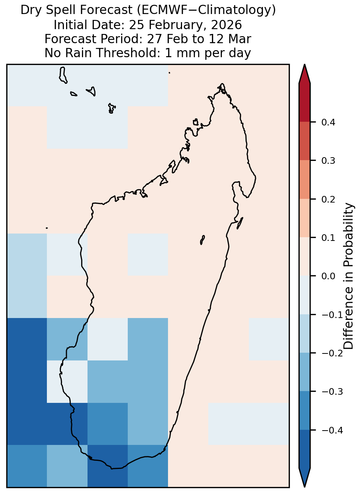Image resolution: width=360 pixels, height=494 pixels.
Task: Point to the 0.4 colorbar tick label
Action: tap(328, 122)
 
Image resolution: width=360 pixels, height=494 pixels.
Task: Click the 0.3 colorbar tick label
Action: tap(328, 161)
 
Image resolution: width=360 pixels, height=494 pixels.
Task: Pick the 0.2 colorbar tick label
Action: tap(328, 199)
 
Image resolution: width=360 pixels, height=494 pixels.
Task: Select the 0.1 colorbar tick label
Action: tap(328, 238)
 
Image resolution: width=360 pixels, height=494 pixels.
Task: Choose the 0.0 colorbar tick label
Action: tap(328, 276)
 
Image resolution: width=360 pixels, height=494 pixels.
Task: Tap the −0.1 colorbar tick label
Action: tap(332, 315)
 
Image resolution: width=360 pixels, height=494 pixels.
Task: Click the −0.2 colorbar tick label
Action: tap(332, 353)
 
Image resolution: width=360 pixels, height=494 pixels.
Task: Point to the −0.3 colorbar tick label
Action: tap(332, 392)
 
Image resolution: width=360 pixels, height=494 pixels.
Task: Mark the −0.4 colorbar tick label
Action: tap(332, 430)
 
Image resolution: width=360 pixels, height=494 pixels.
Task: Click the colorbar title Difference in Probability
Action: tap(349, 276)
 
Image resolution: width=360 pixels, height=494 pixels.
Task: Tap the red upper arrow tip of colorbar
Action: tap(305, 65)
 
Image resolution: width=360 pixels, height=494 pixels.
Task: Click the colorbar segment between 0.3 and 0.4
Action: tap(305, 141)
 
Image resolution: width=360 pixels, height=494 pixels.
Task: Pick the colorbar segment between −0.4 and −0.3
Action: tap(305, 411)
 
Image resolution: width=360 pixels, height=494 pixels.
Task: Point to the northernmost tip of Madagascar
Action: tap(222, 84)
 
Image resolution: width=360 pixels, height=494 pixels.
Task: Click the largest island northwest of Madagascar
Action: tap(63, 75)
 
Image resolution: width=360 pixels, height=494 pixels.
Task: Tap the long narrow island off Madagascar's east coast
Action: tap(240, 223)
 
